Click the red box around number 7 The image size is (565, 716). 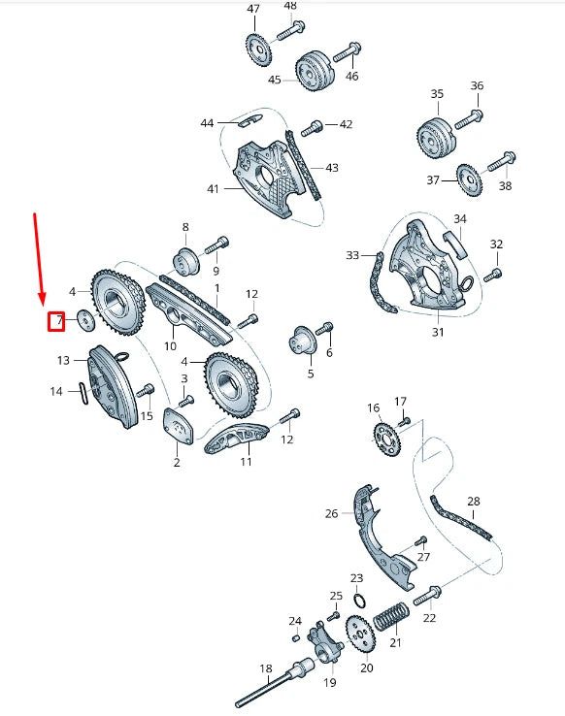click(x=56, y=320)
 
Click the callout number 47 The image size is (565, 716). click(x=253, y=10)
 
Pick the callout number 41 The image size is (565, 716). click(x=213, y=188)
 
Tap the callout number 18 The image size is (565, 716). click(x=265, y=668)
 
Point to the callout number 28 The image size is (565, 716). click(x=474, y=502)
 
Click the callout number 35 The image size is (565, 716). click(x=437, y=94)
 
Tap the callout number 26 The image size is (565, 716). click(x=331, y=513)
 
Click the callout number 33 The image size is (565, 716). click(x=351, y=255)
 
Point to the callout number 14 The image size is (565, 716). click(x=56, y=391)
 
